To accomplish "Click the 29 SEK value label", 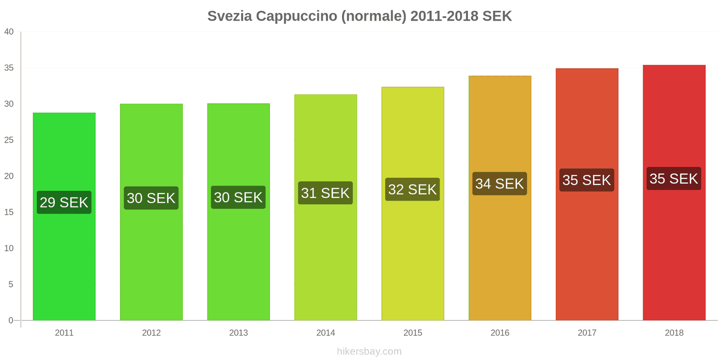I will [x=64, y=202].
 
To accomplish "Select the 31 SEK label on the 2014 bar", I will [x=325, y=193].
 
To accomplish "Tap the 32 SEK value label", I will [x=412, y=189].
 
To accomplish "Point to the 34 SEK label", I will [x=499, y=184].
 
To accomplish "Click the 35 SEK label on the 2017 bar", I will [x=586, y=180].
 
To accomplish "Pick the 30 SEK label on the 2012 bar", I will [x=151, y=198].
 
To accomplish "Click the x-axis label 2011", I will [x=64, y=333].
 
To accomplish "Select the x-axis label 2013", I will [x=238, y=333].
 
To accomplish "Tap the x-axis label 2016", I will [x=499, y=333].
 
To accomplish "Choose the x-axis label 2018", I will [x=674, y=333].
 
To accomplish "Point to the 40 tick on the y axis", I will [x=9, y=32].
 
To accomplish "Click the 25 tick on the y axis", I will [x=9, y=140].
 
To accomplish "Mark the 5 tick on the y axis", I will [x=11, y=284].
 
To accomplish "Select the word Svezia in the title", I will [x=229, y=16].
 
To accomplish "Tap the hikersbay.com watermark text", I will [x=369, y=351].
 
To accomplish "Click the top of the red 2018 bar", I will [x=674, y=66].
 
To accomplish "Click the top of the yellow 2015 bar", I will [x=412, y=88].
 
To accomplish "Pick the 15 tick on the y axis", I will [x=9, y=212].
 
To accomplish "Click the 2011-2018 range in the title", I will [x=444, y=16].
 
